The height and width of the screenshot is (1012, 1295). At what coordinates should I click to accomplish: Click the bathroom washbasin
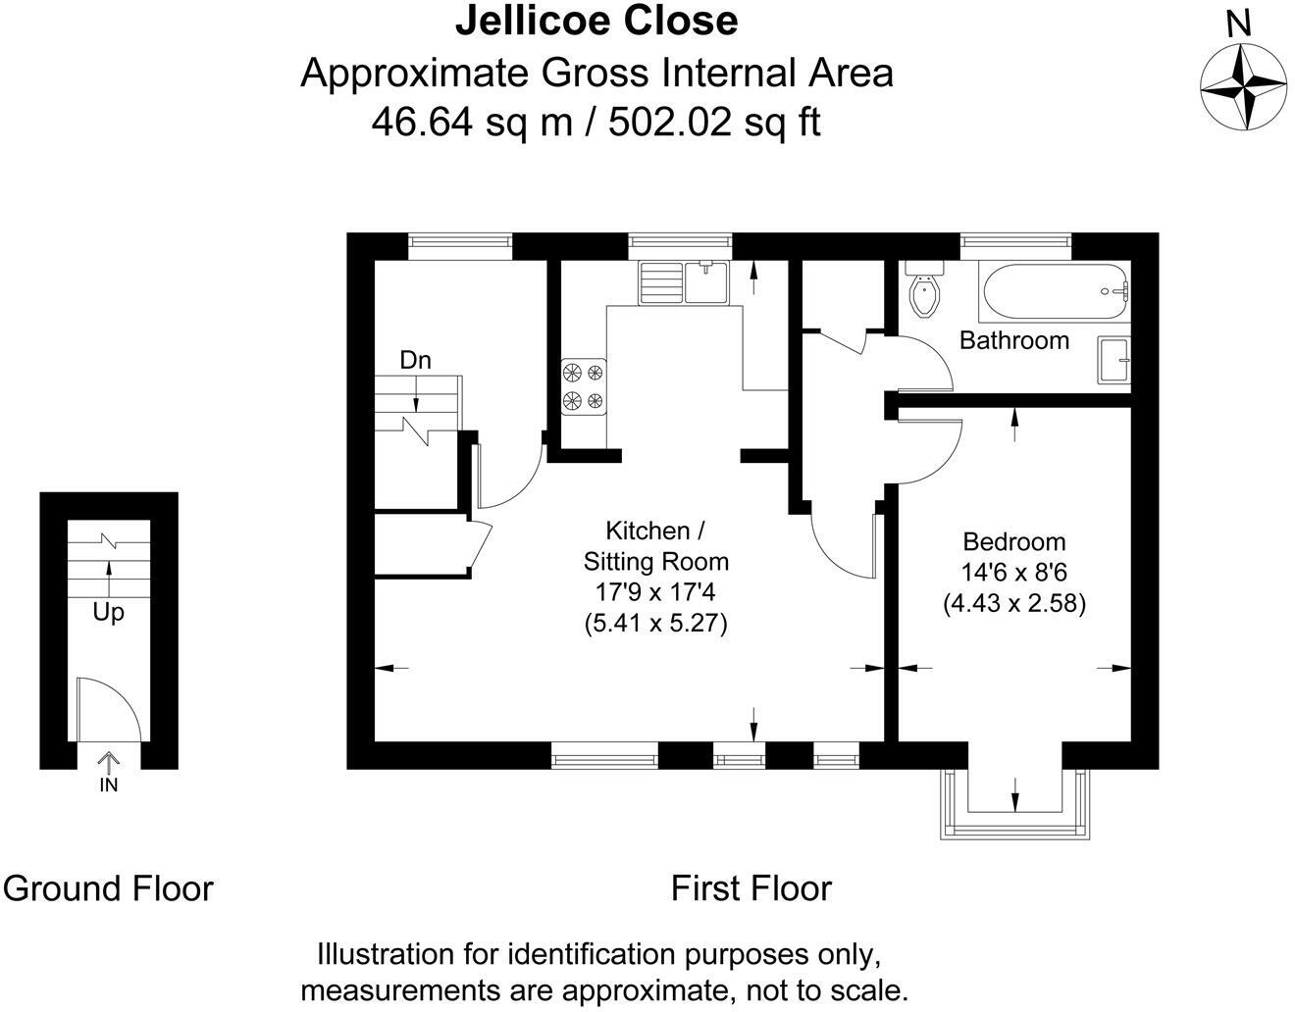[1115, 360]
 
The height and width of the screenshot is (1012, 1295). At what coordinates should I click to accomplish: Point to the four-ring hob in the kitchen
[583, 386]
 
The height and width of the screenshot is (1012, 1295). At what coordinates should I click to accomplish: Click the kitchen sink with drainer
[684, 281]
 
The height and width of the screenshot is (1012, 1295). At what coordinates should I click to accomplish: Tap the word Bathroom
[1013, 340]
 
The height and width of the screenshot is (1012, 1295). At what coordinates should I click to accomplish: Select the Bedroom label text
[1013, 541]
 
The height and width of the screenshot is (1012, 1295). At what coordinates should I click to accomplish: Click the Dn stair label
[415, 360]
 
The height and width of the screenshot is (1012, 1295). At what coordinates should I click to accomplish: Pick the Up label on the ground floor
[108, 613]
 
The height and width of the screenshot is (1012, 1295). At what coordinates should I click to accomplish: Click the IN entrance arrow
[108, 764]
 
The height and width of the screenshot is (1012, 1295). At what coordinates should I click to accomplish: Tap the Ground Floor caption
[108, 888]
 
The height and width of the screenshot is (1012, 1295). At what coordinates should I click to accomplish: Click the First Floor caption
[751, 888]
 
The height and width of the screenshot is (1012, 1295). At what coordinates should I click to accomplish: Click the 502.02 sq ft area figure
[714, 123]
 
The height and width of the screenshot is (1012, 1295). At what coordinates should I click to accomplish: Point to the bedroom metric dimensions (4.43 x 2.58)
[1013, 603]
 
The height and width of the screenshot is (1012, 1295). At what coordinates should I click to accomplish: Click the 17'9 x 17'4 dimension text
[655, 592]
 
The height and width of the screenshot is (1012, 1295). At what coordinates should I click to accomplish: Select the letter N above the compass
[1240, 25]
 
